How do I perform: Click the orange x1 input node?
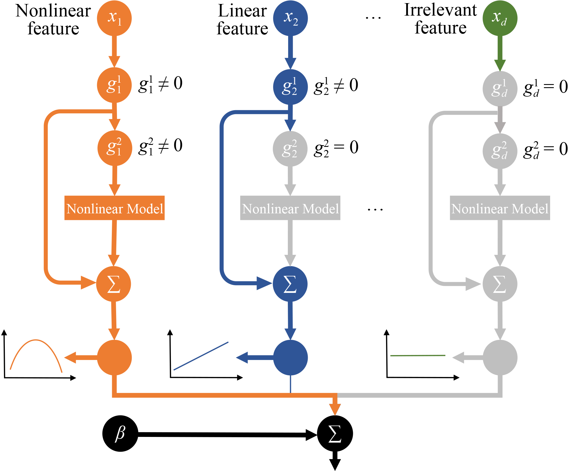tap(114, 18)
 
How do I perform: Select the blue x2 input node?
tap(290, 18)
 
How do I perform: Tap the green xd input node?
tap(500, 18)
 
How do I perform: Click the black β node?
tap(120, 434)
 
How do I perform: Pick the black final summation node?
tap(335, 434)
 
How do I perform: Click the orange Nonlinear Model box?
tap(114, 208)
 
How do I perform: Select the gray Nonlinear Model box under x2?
tap(290, 208)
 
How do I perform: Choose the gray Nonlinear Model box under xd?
tap(500, 208)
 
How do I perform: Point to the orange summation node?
tap(114, 284)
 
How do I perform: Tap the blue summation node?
tap(290, 284)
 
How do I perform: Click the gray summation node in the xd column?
tap(500, 284)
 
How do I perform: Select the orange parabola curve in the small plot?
tap(36, 340)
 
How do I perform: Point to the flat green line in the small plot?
tap(418, 355)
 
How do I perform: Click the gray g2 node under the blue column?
tap(290, 149)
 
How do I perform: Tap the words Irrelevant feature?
tap(440, 19)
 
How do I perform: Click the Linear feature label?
tap(242, 19)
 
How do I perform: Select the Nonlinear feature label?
tap(53, 19)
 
